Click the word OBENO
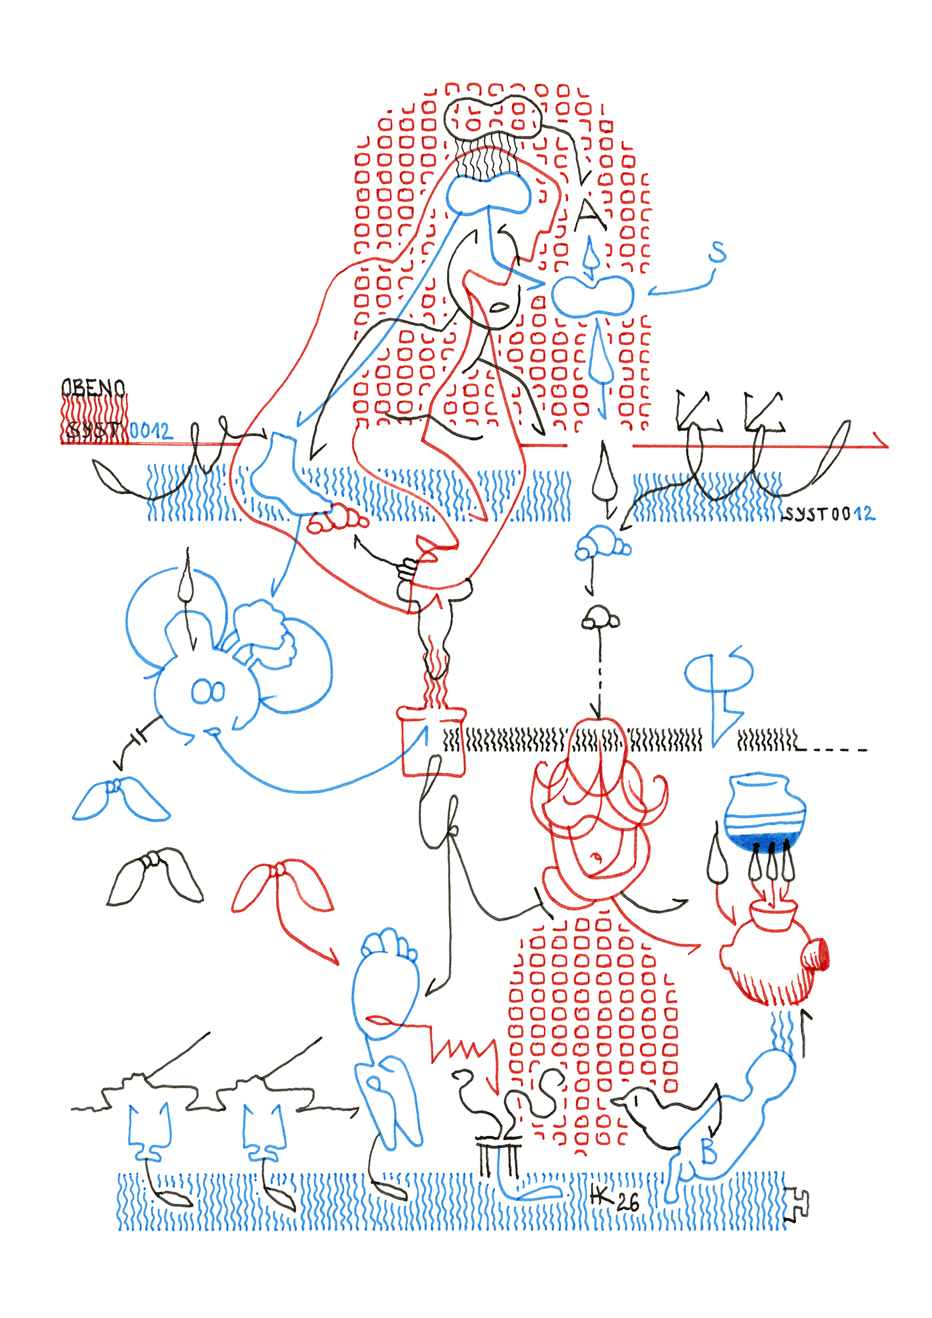[x=93, y=387]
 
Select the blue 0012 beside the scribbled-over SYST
[x=150, y=431]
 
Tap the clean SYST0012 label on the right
[x=828, y=513]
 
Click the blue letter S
[x=717, y=252]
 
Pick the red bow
[x=281, y=884]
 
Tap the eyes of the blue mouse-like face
[x=208, y=691]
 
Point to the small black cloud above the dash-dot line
[x=600, y=618]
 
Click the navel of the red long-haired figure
[x=597, y=857]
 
